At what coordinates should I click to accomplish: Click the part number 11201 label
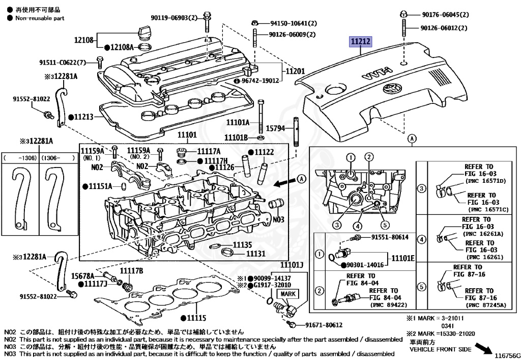[295, 71]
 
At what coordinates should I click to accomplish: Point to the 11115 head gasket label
[196, 318]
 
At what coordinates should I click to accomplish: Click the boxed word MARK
[288, 294]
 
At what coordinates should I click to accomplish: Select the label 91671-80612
[324, 325]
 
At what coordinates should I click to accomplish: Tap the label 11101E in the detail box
[403, 258]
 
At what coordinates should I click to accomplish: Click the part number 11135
[242, 245]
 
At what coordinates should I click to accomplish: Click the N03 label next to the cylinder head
[279, 219]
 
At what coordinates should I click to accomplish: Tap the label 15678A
[82, 275]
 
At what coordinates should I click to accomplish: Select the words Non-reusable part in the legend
[40, 18]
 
